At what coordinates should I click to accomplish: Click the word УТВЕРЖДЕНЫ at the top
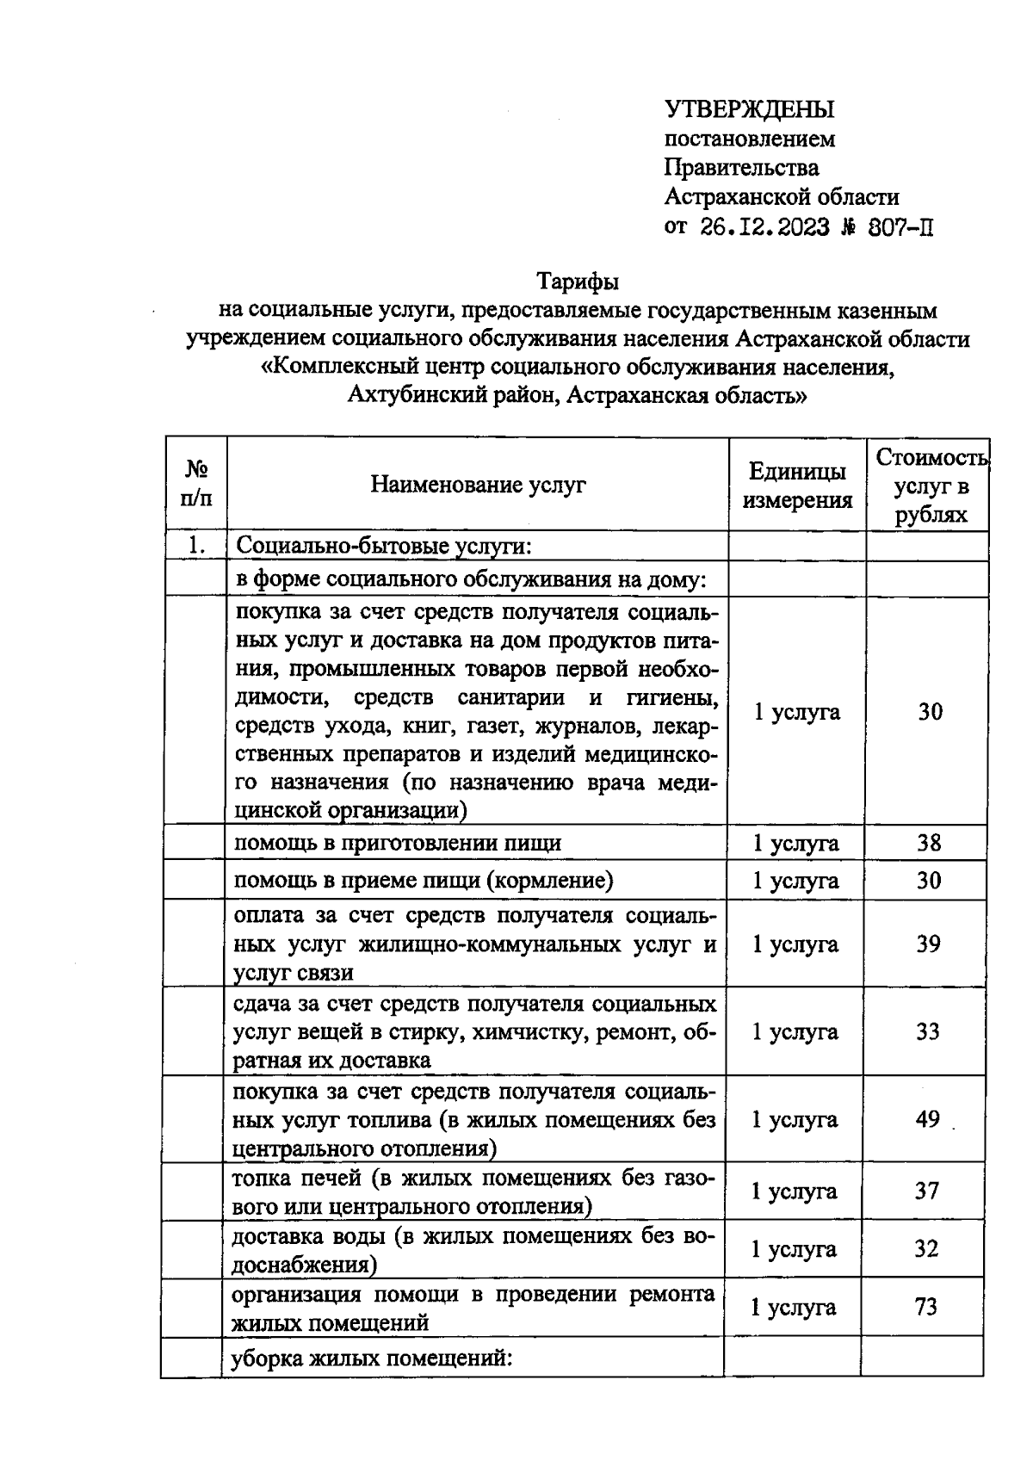[749, 109]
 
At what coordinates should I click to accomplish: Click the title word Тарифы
[578, 282]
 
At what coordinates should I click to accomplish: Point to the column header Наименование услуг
[478, 485]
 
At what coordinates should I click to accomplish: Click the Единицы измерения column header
[797, 485]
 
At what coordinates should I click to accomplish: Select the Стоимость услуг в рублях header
[930, 486]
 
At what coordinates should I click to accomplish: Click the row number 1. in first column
[197, 545]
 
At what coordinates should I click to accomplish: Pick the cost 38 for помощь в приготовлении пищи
[929, 843]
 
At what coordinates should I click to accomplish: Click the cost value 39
[928, 944]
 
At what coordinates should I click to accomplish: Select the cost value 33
[927, 1031]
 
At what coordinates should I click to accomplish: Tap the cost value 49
[927, 1120]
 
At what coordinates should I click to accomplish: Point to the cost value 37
[926, 1191]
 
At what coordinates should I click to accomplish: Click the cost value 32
[926, 1249]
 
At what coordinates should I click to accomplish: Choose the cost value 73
[926, 1307]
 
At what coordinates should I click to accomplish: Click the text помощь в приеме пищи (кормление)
[424, 881]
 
